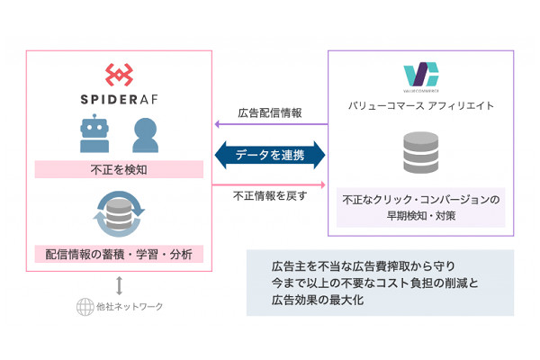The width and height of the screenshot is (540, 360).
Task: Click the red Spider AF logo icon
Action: click(119, 75)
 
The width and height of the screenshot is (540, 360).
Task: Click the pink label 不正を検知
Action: click(119, 168)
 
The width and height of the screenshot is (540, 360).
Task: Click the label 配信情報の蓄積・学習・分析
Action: click(119, 253)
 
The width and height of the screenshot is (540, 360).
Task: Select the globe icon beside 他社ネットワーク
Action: click(84, 307)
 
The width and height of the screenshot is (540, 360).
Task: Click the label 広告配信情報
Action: click(269, 113)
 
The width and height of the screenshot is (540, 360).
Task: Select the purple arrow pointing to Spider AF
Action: click(269, 125)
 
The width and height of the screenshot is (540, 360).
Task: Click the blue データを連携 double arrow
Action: click(269, 155)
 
